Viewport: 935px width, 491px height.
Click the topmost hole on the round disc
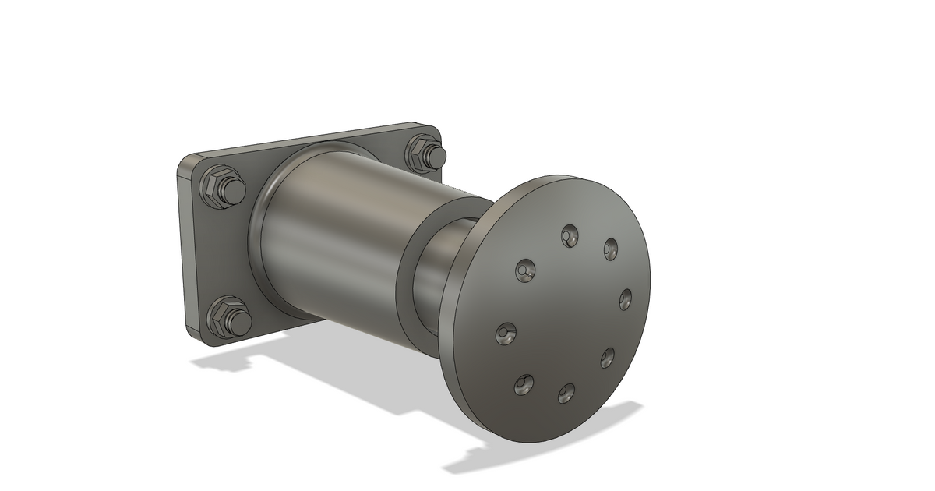(x=570, y=235)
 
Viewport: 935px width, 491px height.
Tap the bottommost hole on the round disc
(x=566, y=394)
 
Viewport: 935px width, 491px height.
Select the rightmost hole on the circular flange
(x=626, y=298)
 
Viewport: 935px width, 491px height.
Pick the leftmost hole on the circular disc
(x=506, y=334)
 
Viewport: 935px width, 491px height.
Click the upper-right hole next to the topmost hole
(x=610, y=249)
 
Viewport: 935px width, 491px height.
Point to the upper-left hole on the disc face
(x=526, y=270)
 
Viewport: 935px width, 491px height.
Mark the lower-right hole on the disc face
(x=608, y=358)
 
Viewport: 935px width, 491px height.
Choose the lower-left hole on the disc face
(x=524, y=383)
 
